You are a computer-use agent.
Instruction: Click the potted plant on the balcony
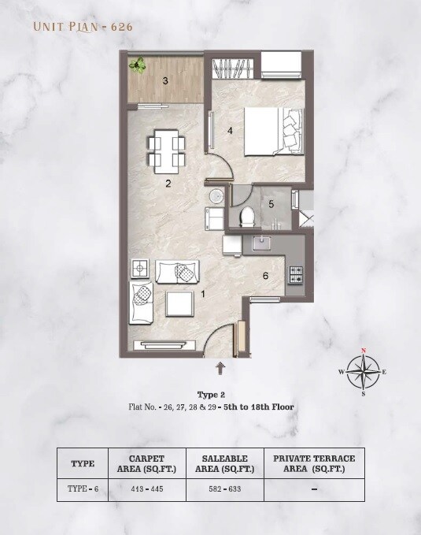(x=140, y=65)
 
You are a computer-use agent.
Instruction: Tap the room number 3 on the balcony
(x=165, y=80)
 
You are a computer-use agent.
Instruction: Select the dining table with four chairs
(x=167, y=152)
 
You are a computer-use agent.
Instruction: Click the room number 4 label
(x=231, y=131)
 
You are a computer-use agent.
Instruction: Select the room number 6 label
(x=266, y=276)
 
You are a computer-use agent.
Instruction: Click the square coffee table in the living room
(x=179, y=303)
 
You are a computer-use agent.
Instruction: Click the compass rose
(x=363, y=372)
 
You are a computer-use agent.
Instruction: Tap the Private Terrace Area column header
(x=313, y=463)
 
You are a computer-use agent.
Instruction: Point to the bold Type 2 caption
(x=210, y=393)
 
